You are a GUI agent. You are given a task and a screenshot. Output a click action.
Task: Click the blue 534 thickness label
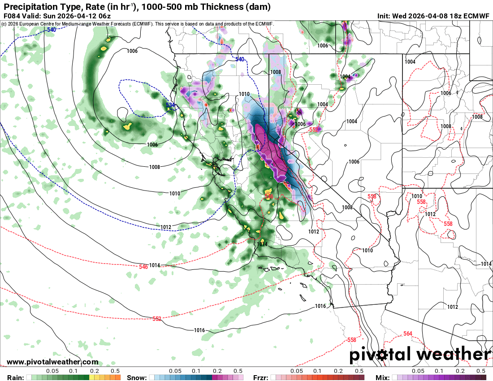coord(170,105)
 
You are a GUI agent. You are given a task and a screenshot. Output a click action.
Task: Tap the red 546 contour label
coord(143,267)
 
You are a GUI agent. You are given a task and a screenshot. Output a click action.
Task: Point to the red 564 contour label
coord(407,333)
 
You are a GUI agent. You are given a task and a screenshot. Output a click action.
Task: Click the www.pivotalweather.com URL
coord(52,362)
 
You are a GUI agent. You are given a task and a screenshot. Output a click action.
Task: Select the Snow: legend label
coord(137,377)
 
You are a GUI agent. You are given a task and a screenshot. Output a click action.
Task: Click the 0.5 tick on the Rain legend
coord(115,371)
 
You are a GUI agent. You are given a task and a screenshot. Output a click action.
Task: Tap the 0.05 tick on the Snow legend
coord(175,371)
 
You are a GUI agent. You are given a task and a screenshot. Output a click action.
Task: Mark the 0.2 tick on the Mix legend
coord(460,371)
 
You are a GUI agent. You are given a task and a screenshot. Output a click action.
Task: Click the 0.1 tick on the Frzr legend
coord(317,371)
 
